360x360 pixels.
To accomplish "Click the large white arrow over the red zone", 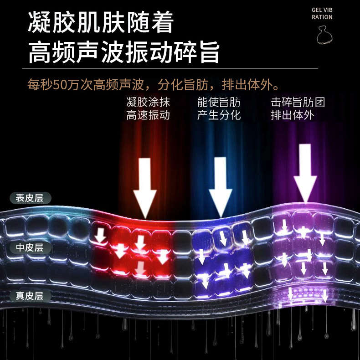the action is click(x=144, y=187).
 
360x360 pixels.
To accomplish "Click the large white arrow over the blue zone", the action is click(x=220, y=186).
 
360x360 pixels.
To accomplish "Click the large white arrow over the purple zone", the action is click(x=305, y=173).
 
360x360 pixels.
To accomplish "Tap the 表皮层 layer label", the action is click(x=30, y=198).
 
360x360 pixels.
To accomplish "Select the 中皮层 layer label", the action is click(x=30, y=247).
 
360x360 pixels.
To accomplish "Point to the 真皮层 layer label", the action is click(x=30, y=296).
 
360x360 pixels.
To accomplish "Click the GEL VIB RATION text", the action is click(x=322, y=13).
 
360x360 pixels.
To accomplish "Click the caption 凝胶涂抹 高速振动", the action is click(x=148, y=108).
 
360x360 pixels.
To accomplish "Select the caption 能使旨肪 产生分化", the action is click(x=219, y=108).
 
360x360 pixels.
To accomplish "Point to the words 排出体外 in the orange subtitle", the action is click(x=253, y=85).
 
